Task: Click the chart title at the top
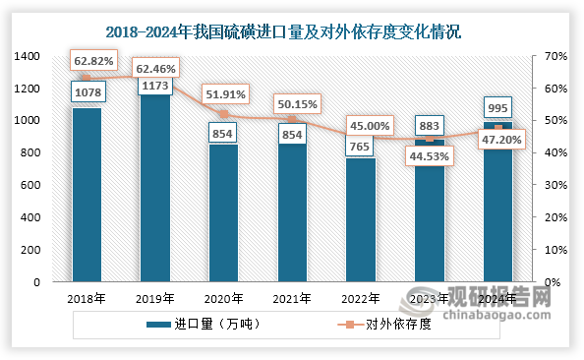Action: [x=292, y=31]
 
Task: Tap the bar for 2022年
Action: [x=361, y=220]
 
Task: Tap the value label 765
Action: [x=361, y=146]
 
